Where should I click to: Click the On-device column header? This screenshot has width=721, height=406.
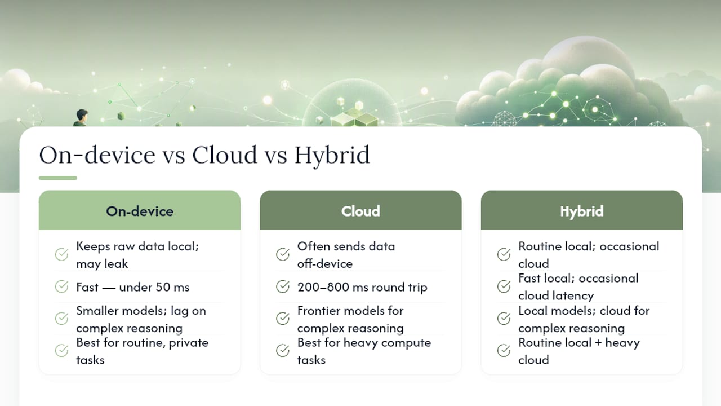click(x=140, y=210)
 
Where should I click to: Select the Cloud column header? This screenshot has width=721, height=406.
click(x=361, y=210)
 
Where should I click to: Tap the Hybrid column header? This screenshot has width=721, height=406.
click(x=582, y=210)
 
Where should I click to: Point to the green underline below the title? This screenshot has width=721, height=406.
click(x=58, y=178)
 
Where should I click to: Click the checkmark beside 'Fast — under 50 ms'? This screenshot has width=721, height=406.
click(x=61, y=286)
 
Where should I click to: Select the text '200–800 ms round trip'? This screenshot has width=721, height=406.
click(x=362, y=287)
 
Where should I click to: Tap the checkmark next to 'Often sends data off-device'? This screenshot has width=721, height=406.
click(x=283, y=254)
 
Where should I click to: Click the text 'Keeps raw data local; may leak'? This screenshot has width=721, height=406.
click(x=138, y=255)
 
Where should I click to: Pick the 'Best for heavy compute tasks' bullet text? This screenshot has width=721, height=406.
click(x=364, y=351)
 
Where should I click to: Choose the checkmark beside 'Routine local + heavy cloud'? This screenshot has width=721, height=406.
click(x=504, y=351)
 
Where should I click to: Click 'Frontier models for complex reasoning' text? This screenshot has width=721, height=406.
click(x=350, y=319)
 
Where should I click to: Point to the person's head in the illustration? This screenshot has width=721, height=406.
click(x=82, y=114)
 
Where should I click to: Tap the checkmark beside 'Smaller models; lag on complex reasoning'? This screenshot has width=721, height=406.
click(x=61, y=319)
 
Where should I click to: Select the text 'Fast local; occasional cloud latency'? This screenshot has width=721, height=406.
click(x=578, y=287)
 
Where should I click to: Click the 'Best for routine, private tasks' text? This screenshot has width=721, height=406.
click(x=143, y=351)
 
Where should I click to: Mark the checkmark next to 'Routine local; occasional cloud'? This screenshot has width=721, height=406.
click(x=504, y=254)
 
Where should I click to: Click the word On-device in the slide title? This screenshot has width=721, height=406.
click(x=97, y=155)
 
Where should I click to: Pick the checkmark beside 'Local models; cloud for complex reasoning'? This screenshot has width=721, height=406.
click(x=504, y=319)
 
